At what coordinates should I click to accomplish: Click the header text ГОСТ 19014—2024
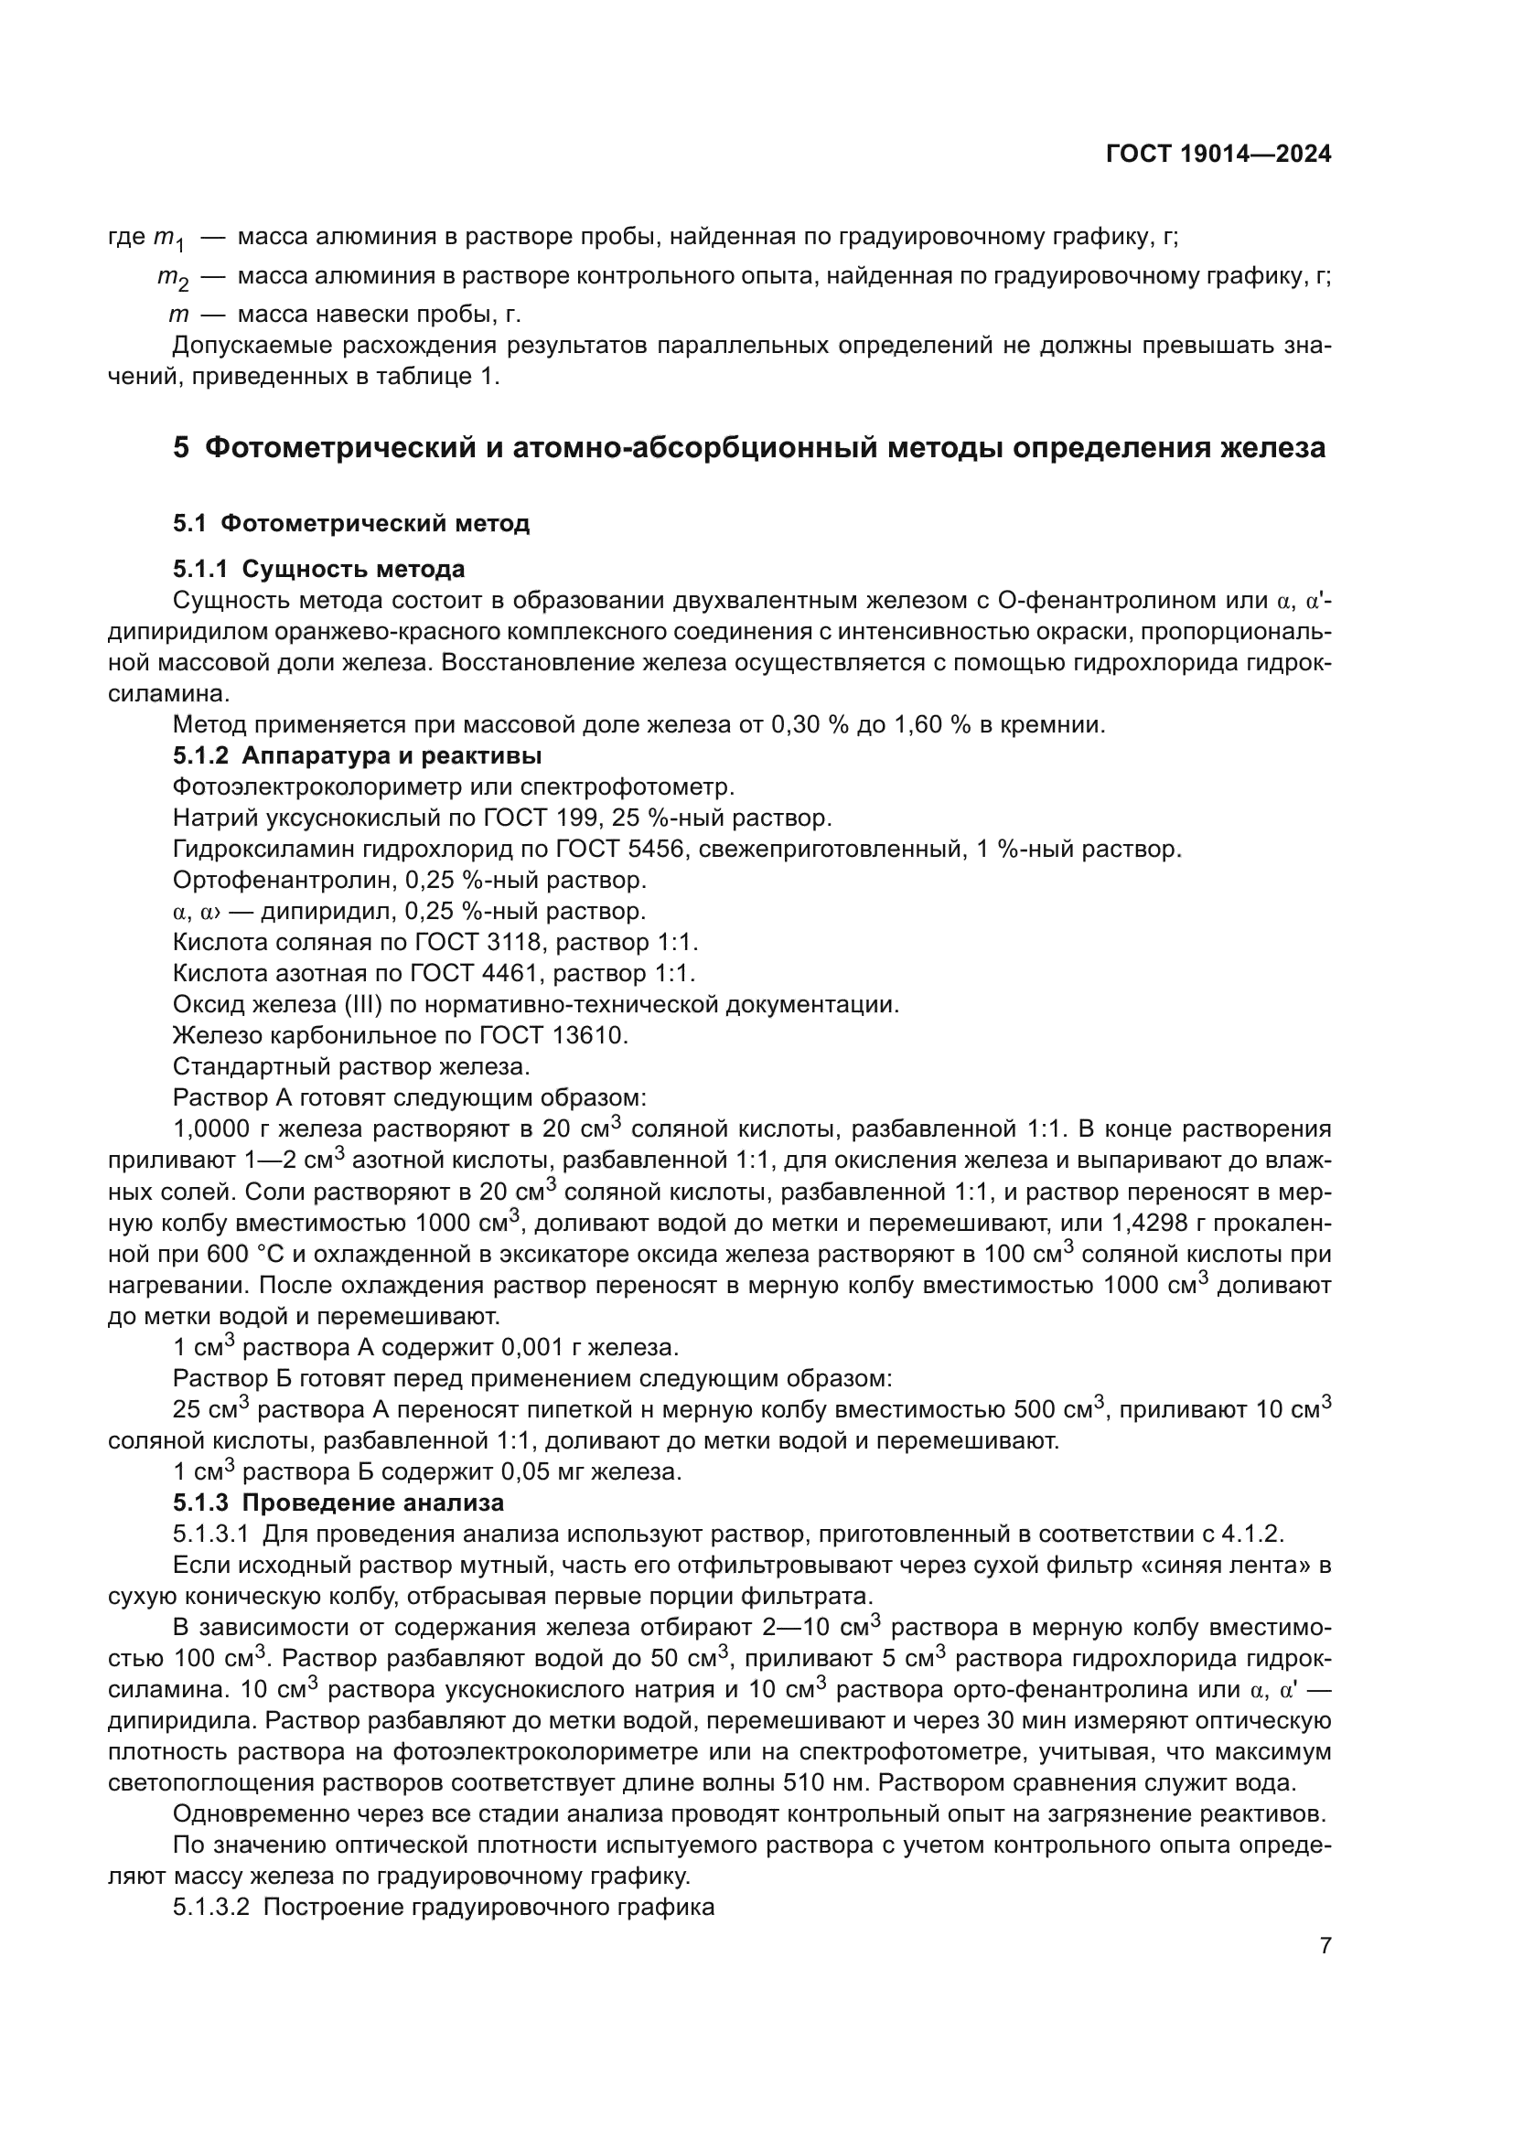(x=1218, y=155)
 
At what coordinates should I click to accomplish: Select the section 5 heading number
(x=181, y=448)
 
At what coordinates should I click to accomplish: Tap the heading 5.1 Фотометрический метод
(x=350, y=524)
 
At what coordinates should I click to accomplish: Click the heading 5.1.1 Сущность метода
(x=318, y=568)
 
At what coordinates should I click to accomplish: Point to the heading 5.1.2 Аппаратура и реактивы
(x=357, y=754)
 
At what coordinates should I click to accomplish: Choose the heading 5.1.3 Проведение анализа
(x=338, y=1503)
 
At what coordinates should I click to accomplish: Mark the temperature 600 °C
(x=224, y=1254)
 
